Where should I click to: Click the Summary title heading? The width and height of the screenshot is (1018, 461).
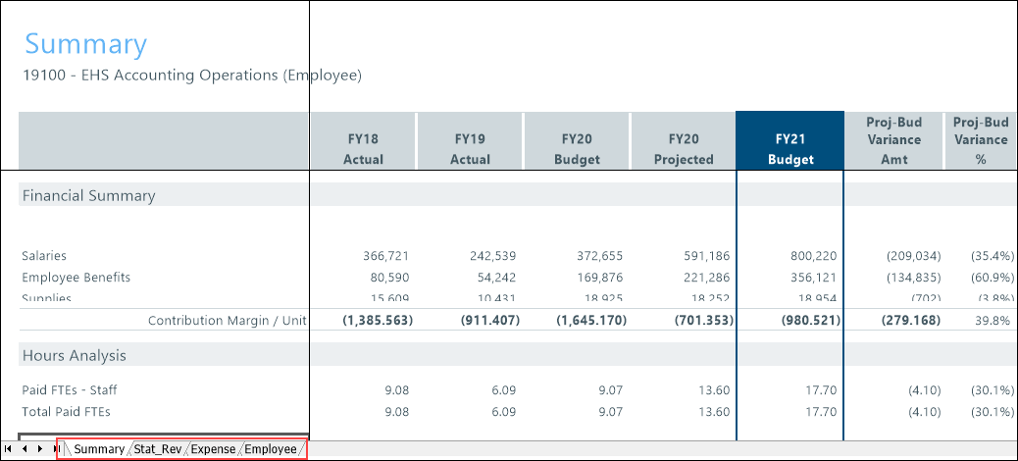[85, 44]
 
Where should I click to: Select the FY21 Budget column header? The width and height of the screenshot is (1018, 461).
[789, 149]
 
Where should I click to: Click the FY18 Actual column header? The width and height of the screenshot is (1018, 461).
[363, 149]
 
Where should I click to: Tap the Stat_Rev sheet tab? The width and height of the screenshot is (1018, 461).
[158, 449]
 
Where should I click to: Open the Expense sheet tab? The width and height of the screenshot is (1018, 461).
[213, 449]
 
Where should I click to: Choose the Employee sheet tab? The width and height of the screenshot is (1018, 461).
[271, 449]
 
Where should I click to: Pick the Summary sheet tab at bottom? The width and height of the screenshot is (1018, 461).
[99, 449]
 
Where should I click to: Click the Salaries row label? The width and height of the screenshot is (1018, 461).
[45, 255]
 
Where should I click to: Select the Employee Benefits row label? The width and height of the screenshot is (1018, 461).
[76, 278]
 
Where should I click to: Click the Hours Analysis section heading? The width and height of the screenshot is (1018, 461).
[74, 355]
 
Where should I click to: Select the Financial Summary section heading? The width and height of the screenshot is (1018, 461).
[88, 195]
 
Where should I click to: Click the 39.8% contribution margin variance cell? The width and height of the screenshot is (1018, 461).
[992, 321]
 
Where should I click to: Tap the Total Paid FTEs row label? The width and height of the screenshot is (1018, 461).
[66, 412]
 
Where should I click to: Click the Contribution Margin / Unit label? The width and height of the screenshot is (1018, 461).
[228, 321]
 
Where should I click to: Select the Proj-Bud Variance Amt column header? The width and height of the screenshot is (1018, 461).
[893, 140]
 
